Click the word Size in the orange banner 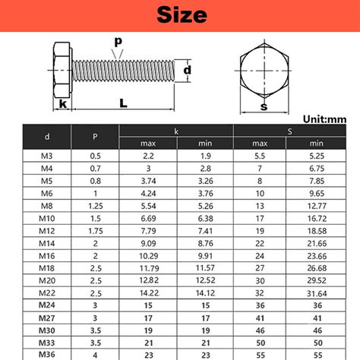[180, 15]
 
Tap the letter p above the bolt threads [118, 40]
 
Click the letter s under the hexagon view [264, 106]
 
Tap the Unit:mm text [324, 118]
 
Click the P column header [95, 137]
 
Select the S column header [288, 131]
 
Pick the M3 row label [47, 155]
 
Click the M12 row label [47, 229]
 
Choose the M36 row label [47, 353]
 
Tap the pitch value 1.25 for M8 [95, 205]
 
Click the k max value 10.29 [148, 254]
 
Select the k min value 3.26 [205, 180]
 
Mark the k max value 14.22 [148, 292]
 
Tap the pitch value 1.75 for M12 [95, 229]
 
